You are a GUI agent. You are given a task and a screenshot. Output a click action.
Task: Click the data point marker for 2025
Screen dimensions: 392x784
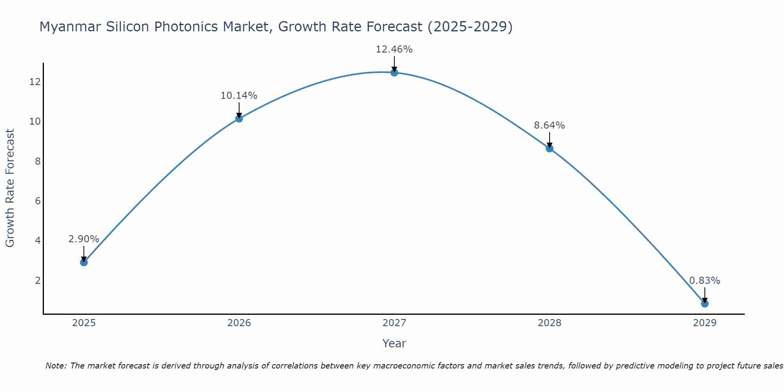point(84,262)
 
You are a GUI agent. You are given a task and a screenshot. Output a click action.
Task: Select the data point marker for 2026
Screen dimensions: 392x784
point(239,118)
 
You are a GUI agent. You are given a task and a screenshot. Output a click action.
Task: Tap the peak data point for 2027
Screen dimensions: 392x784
point(394,73)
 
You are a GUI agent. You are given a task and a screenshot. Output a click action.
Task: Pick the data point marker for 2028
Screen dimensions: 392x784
point(550,149)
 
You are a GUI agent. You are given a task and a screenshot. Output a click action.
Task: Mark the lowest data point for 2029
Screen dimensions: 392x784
point(705,303)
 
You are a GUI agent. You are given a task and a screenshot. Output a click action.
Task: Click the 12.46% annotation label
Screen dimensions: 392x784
point(394,49)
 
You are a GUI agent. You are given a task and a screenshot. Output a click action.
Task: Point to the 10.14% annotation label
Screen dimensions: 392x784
point(239,96)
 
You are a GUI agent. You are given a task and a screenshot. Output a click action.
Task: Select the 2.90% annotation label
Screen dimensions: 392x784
point(84,239)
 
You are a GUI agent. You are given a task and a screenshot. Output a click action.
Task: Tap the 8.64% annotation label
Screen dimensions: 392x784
point(549,125)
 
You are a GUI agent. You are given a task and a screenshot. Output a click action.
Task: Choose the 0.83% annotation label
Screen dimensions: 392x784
point(704,281)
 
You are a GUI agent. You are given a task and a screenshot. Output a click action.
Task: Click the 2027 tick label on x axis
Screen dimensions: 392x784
point(394,323)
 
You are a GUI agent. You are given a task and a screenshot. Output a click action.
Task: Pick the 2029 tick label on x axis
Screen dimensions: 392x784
point(705,323)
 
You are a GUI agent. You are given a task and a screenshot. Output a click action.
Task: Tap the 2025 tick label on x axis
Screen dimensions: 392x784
point(84,323)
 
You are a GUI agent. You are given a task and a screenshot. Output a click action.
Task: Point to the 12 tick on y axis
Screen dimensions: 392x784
point(35,82)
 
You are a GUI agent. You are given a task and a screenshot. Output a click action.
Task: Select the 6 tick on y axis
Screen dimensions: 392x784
point(38,201)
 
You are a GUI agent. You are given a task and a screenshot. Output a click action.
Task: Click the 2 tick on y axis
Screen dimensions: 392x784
point(38,280)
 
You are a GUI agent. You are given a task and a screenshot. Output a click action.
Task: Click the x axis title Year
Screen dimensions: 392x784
point(394,343)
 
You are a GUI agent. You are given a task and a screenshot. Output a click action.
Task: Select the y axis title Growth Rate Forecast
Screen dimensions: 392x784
point(10,188)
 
